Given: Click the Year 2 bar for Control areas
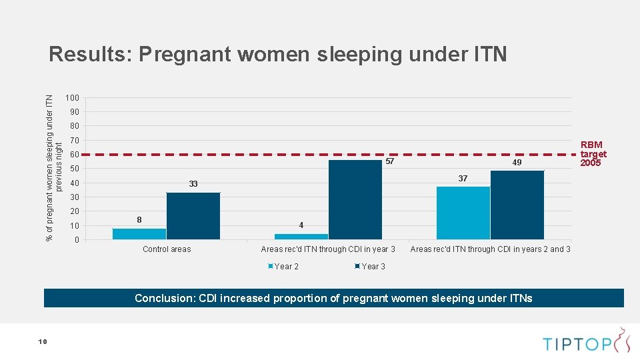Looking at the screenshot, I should tap(139, 233).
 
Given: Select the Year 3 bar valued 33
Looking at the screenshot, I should tap(193, 215).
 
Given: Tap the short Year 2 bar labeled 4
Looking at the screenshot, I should tap(301, 236).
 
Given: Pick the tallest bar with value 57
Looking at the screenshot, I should tap(355, 199).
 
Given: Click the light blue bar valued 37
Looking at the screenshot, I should tap(463, 213).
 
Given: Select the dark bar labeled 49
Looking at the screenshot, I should tap(517, 205).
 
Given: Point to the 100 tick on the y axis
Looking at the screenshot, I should tap(72, 99).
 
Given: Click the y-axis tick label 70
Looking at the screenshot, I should tap(74, 141).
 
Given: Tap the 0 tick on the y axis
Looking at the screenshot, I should tap(77, 240).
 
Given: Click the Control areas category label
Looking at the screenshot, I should tap(167, 249).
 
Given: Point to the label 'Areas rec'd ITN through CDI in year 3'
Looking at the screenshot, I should tap(328, 249).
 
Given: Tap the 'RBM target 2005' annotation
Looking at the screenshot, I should tap(593, 153).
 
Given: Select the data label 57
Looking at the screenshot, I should tap(391, 162).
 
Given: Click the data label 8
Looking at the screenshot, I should tap(139, 219).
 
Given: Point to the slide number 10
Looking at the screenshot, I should tap(43, 341).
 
